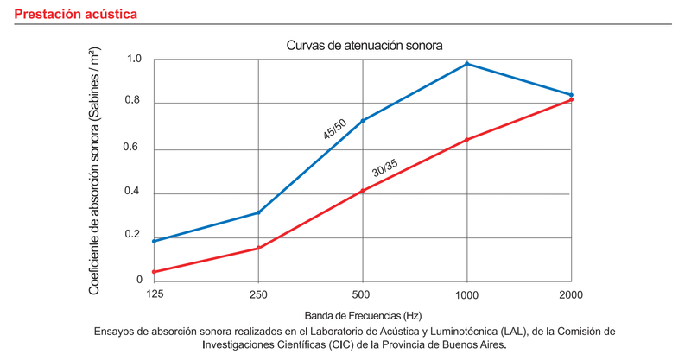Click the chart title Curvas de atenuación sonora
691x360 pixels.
[x=362, y=44]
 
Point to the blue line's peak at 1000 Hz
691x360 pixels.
[x=467, y=64]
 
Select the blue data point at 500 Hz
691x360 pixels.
[x=363, y=120]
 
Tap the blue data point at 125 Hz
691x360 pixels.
[x=154, y=241]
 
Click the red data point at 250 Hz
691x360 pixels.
[x=258, y=249]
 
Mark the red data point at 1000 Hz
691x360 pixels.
[x=467, y=140]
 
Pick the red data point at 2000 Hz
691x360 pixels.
[x=571, y=100]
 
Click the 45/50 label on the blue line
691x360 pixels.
[x=334, y=130]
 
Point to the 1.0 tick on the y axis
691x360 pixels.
[x=134, y=60]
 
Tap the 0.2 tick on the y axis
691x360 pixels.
[x=134, y=236]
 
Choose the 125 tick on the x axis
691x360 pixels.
[x=154, y=295]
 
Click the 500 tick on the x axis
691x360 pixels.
[x=362, y=295]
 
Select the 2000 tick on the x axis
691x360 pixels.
[x=571, y=295]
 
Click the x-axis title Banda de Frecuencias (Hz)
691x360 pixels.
[x=362, y=316]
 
